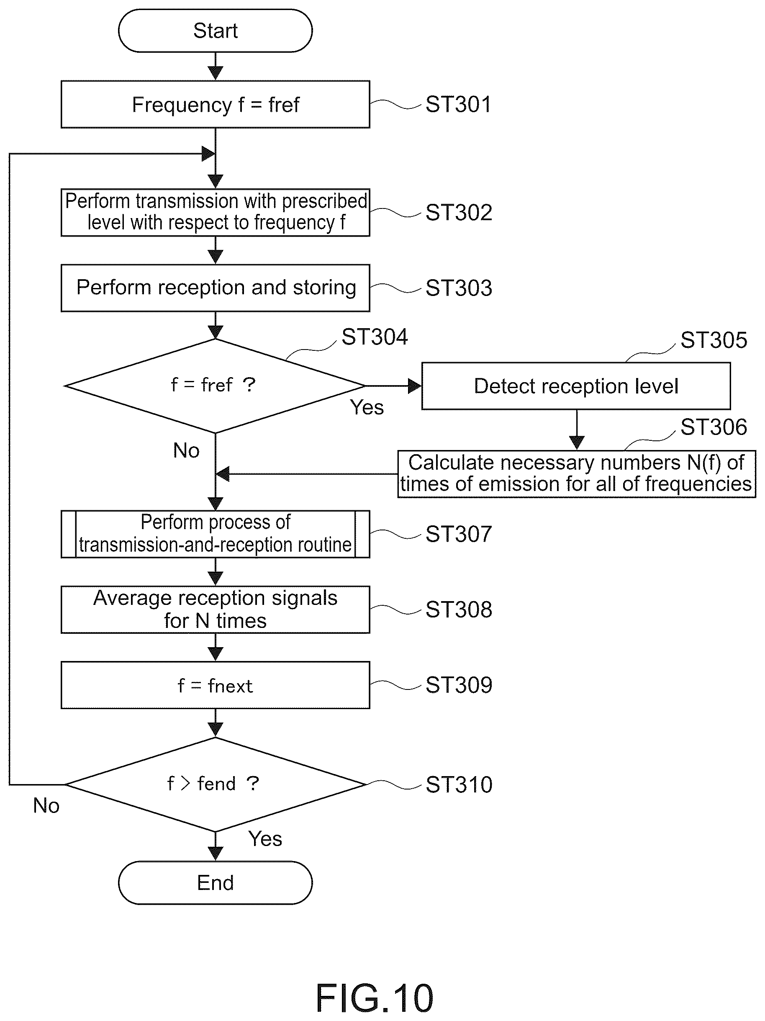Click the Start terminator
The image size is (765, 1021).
click(x=215, y=31)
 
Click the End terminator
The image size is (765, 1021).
click(x=215, y=882)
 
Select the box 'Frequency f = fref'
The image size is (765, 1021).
click(x=215, y=104)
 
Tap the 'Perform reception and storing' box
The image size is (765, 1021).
click(x=215, y=288)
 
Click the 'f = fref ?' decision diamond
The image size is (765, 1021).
click(x=215, y=386)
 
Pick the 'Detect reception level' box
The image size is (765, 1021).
click(x=576, y=386)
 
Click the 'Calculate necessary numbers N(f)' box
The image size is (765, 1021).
click(x=576, y=473)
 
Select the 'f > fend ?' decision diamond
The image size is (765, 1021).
click(x=215, y=784)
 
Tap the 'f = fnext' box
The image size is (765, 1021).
click(x=215, y=685)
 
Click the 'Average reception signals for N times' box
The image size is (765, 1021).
click(x=215, y=609)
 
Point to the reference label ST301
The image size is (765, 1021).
click(x=458, y=104)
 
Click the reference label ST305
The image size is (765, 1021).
click(x=714, y=340)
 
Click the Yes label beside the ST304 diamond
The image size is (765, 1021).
click(x=367, y=407)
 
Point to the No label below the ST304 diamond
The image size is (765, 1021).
click(x=186, y=450)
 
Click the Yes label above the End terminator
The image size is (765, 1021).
click(x=265, y=838)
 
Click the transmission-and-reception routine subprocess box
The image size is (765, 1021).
click(x=215, y=534)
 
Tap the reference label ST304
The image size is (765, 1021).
click(x=375, y=337)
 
